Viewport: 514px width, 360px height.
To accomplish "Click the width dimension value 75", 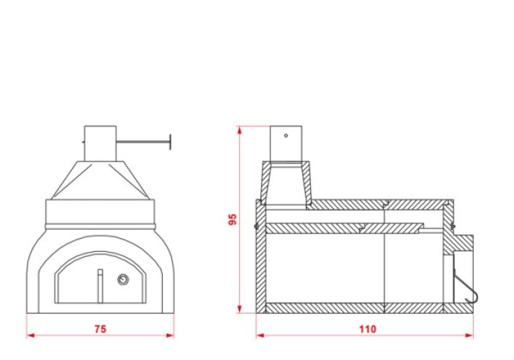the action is (x=100, y=329).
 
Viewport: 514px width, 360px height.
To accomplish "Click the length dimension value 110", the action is (x=367, y=329).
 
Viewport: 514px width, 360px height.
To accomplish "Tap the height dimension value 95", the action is (x=232, y=220).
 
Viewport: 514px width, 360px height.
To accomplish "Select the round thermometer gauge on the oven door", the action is (x=123, y=279).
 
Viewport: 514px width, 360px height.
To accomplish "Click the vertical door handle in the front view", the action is (x=100, y=286).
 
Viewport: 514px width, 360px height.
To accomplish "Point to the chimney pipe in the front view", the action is (x=100, y=143).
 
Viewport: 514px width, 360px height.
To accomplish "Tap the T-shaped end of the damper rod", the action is (x=170, y=142).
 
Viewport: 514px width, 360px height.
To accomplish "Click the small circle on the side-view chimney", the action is (x=286, y=135).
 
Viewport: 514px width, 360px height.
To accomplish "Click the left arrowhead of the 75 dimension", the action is (x=30, y=336).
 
